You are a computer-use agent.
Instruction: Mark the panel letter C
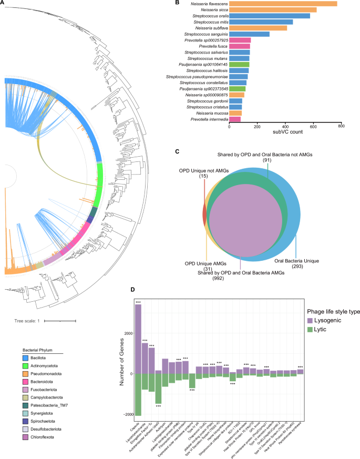point(177,151)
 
